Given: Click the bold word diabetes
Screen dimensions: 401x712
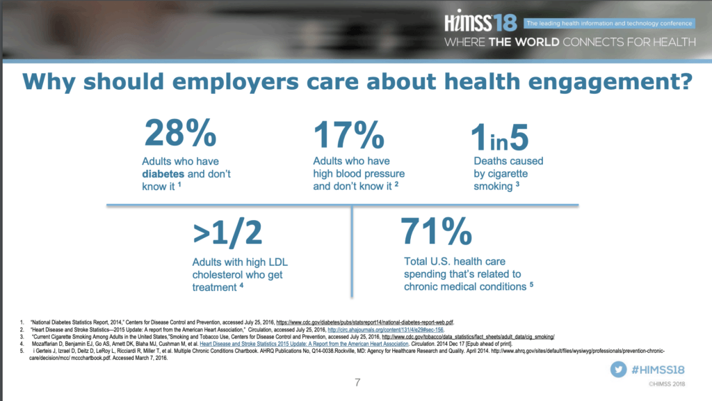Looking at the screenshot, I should click(168, 174).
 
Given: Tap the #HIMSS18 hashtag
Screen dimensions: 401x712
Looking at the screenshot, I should click(661, 370).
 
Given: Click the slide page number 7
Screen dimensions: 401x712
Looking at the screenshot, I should click(357, 382).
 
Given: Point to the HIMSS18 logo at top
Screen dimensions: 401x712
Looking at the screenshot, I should click(480, 23).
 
